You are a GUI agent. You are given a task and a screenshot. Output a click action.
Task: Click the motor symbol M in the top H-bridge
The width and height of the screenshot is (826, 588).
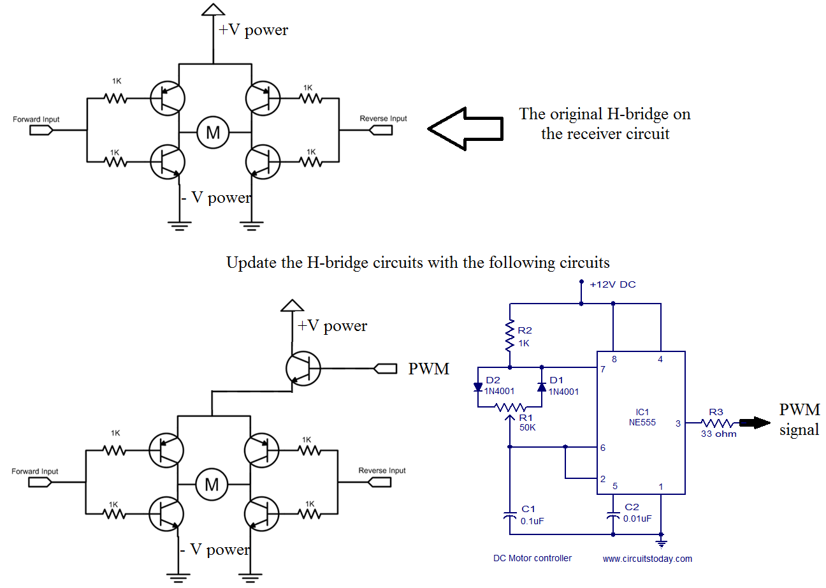213,132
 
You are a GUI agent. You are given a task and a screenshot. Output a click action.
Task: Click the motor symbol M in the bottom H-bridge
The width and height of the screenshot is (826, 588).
212,485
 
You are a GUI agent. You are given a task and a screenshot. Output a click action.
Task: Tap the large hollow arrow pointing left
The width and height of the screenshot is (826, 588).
465,128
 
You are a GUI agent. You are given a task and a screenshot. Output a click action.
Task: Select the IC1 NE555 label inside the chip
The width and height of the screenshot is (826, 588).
641,416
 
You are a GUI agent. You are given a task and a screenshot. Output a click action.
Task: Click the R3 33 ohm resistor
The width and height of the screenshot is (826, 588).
719,423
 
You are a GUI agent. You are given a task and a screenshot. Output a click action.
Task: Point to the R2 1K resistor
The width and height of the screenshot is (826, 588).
510,337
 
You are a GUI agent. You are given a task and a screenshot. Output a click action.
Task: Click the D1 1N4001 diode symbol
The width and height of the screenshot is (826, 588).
542,387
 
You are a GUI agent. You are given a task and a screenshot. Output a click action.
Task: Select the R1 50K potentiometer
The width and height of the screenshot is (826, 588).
510,408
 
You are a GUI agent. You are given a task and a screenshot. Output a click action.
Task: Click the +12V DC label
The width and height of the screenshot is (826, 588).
612,284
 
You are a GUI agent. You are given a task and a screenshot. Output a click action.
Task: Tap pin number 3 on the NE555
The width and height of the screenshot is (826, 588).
678,423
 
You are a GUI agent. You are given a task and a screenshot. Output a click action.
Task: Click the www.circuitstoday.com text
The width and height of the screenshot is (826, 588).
647,559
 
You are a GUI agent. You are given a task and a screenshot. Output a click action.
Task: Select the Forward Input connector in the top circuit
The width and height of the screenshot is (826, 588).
42,129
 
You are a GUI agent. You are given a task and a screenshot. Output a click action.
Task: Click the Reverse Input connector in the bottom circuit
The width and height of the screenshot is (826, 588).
381,481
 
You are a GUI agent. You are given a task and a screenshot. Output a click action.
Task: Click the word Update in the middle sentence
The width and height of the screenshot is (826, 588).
251,263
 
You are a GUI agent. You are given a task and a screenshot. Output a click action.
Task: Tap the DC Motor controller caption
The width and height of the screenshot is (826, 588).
532,558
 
